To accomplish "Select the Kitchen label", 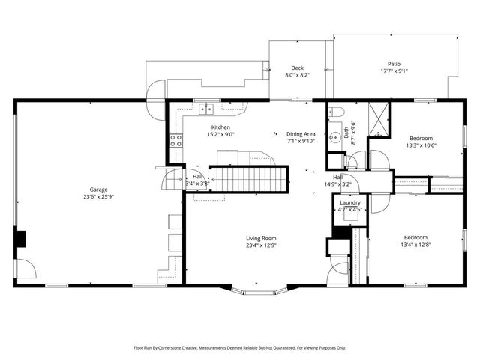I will pos(220,127).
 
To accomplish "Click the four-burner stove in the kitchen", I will pos(175,142).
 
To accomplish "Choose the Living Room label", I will pos(261,238).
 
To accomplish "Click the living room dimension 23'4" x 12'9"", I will pos(261,245).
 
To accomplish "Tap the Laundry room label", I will pos(350,203).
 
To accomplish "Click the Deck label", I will pos(297,67).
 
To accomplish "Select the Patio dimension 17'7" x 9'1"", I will pos(394,72).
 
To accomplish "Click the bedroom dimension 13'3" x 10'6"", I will pos(422,146).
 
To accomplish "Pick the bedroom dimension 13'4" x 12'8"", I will pos(415,244).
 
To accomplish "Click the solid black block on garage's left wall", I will pos(21,239).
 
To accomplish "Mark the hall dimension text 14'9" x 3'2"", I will pos(338,184).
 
